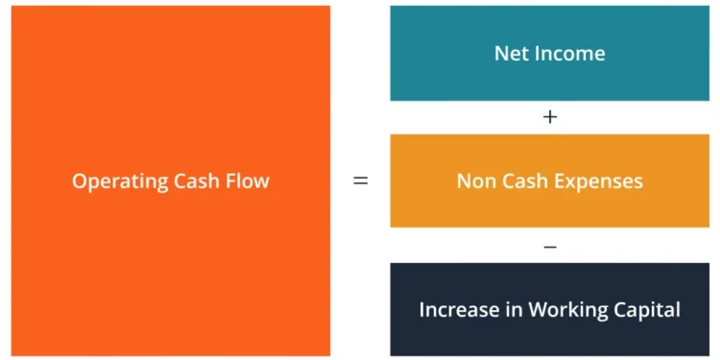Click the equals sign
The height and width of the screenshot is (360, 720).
click(x=361, y=180)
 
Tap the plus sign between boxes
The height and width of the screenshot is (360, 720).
click(x=550, y=117)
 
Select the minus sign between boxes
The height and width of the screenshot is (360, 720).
click(x=550, y=247)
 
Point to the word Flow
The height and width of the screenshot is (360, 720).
click(x=248, y=180)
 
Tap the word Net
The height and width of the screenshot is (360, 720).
click(x=510, y=53)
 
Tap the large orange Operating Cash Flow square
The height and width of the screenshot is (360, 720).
click(x=171, y=96)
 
